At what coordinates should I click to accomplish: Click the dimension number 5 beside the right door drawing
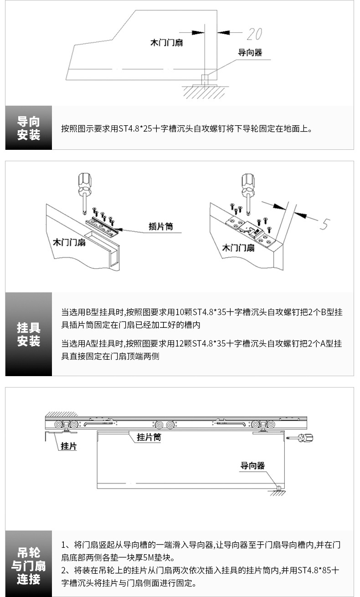point(324,224)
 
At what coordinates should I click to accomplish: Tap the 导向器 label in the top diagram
point(250,53)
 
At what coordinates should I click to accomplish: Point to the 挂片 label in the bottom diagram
point(69,447)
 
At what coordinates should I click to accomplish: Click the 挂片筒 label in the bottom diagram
point(149,437)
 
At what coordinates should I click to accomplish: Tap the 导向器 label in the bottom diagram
point(252,465)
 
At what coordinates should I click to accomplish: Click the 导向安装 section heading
point(29,128)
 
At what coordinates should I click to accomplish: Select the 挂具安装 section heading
point(29,334)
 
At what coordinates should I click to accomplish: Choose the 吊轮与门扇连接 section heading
point(29,566)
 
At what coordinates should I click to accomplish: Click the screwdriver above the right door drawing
point(247,189)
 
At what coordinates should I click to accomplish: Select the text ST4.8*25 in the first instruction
point(135,129)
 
